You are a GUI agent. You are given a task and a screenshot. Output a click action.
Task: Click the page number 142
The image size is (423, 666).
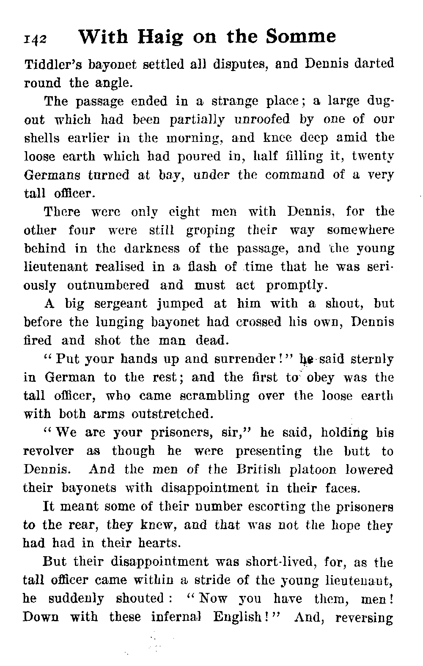point(36,39)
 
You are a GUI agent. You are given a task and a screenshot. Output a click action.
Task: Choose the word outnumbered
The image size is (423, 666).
point(108,285)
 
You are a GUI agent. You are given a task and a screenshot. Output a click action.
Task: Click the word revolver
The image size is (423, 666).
point(48,451)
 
